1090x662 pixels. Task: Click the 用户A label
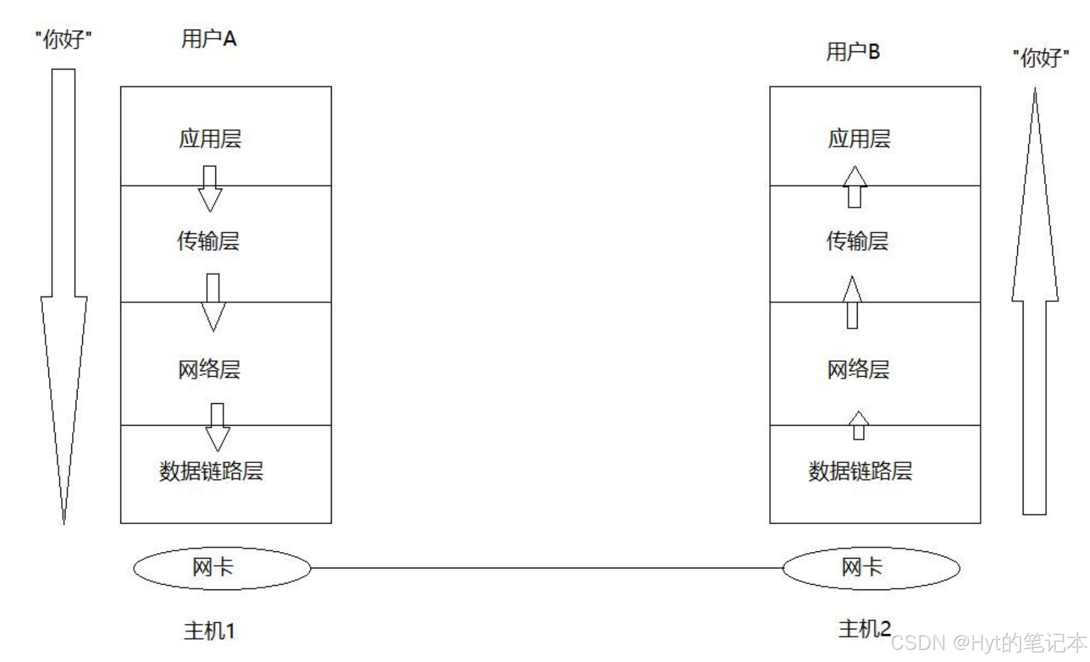pyautogui.click(x=209, y=39)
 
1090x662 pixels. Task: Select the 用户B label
pyautogui.click(x=853, y=52)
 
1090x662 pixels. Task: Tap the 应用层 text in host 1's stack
pyautogui.click(x=210, y=139)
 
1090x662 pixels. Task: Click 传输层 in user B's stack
pyautogui.click(x=858, y=241)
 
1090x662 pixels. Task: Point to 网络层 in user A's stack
pyautogui.click(x=209, y=369)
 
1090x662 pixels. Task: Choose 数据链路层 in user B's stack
pyautogui.click(x=860, y=471)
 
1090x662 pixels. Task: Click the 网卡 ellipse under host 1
pyautogui.click(x=222, y=568)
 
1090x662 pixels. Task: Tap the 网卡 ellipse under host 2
pyautogui.click(x=871, y=568)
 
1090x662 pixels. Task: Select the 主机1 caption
pyautogui.click(x=209, y=631)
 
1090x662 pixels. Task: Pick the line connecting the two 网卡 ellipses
pyautogui.click(x=545, y=568)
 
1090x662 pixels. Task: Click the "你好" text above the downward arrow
pyautogui.click(x=64, y=41)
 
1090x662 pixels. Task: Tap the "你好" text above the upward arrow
pyautogui.click(x=1040, y=58)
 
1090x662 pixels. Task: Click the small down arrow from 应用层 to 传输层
pyautogui.click(x=210, y=189)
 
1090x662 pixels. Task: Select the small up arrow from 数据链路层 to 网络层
pyautogui.click(x=858, y=426)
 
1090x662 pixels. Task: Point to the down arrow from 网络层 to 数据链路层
pyautogui.click(x=217, y=427)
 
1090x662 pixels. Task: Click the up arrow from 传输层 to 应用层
pyautogui.click(x=855, y=187)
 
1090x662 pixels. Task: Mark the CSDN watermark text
pyautogui.click(x=988, y=643)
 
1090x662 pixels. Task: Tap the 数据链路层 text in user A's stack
pyautogui.click(x=211, y=471)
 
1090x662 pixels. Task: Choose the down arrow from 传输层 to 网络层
pyautogui.click(x=213, y=302)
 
